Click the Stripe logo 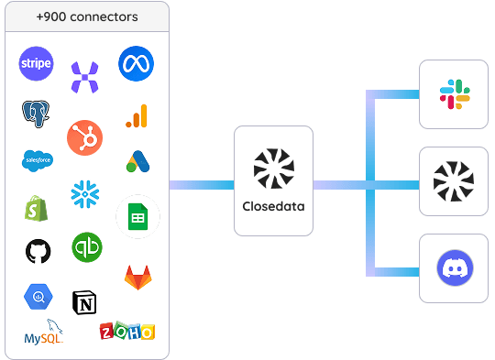[x=36, y=63]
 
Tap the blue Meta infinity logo [x=136, y=63]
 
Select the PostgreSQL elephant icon [x=36, y=114]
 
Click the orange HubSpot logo [x=84, y=137]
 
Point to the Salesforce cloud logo [x=38, y=160]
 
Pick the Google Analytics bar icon [x=137, y=115]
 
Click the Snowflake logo [x=85, y=194]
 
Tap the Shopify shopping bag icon [x=36, y=208]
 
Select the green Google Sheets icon [x=137, y=217]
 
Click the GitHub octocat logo [x=38, y=251]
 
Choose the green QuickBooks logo [x=87, y=247]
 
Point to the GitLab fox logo [x=137, y=278]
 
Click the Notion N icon [x=84, y=302]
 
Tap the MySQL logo [x=44, y=332]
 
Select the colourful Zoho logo [x=127, y=331]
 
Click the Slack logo [x=455, y=94]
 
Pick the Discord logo [x=455, y=267]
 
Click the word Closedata [x=273, y=206]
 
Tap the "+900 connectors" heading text [x=87, y=16]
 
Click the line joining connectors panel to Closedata [x=202, y=185]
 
